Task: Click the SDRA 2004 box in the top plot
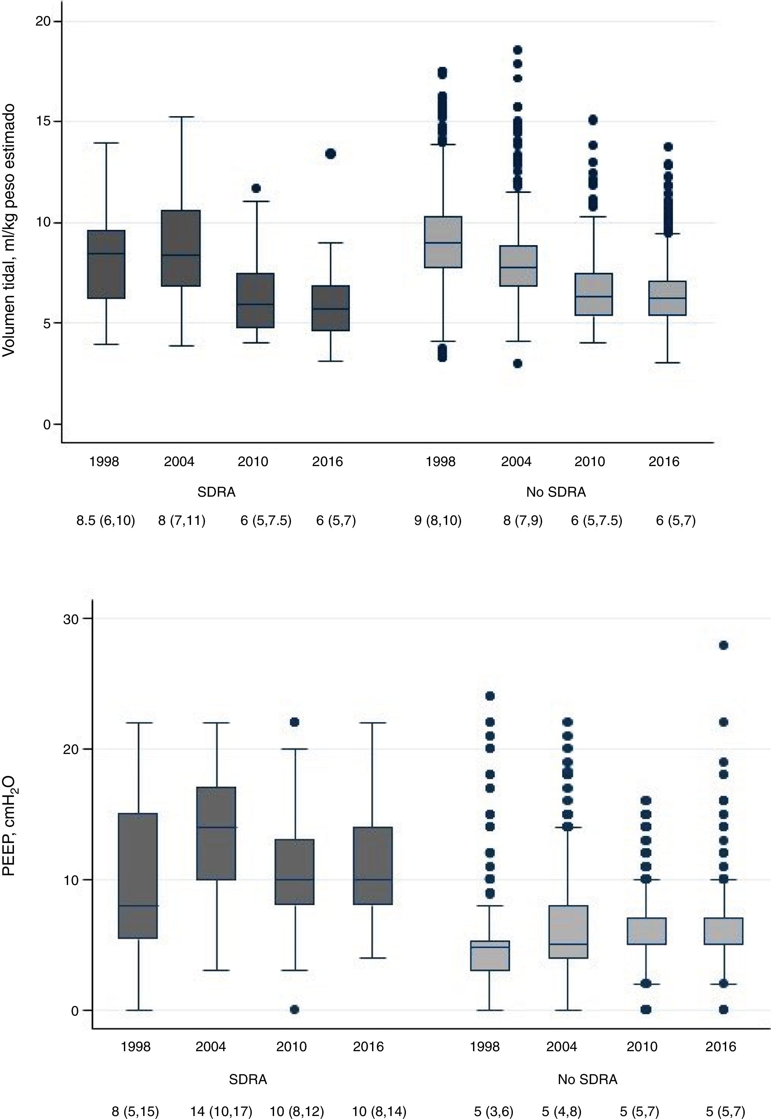coord(181,248)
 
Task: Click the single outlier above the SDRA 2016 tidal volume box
coord(331,154)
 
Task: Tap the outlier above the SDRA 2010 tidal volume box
coord(256,188)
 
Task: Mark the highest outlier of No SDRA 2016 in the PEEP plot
coord(723,645)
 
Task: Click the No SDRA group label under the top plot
coord(556,492)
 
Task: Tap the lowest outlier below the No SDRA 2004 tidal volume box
coord(518,363)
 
